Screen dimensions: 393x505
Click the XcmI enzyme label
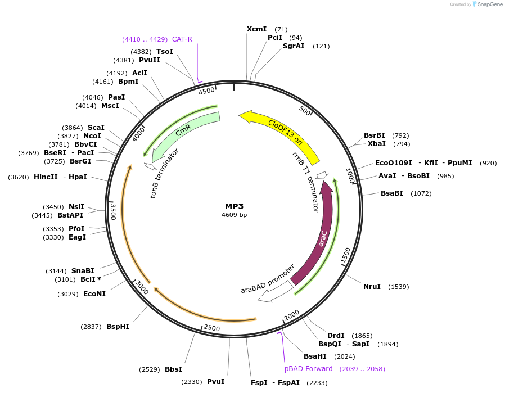(256, 29)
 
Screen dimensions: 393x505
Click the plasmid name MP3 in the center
(235, 206)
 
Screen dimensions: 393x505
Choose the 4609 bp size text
(235, 215)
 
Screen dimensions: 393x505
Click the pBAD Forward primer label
(308, 369)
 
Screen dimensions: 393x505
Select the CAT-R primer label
(182, 39)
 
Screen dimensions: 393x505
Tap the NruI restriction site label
(372, 287)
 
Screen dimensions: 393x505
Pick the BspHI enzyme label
(118, 326)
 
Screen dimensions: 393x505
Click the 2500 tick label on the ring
(211, 328)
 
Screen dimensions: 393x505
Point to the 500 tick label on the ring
(305, 111)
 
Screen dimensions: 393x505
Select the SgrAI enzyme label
(294, 46)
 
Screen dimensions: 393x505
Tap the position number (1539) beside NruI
(399, 287)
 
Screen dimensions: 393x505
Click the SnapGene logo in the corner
(488, 4)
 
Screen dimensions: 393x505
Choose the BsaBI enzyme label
(392, 193)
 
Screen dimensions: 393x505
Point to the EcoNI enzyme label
(94, 293)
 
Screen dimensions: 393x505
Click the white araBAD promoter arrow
(276, 291)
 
